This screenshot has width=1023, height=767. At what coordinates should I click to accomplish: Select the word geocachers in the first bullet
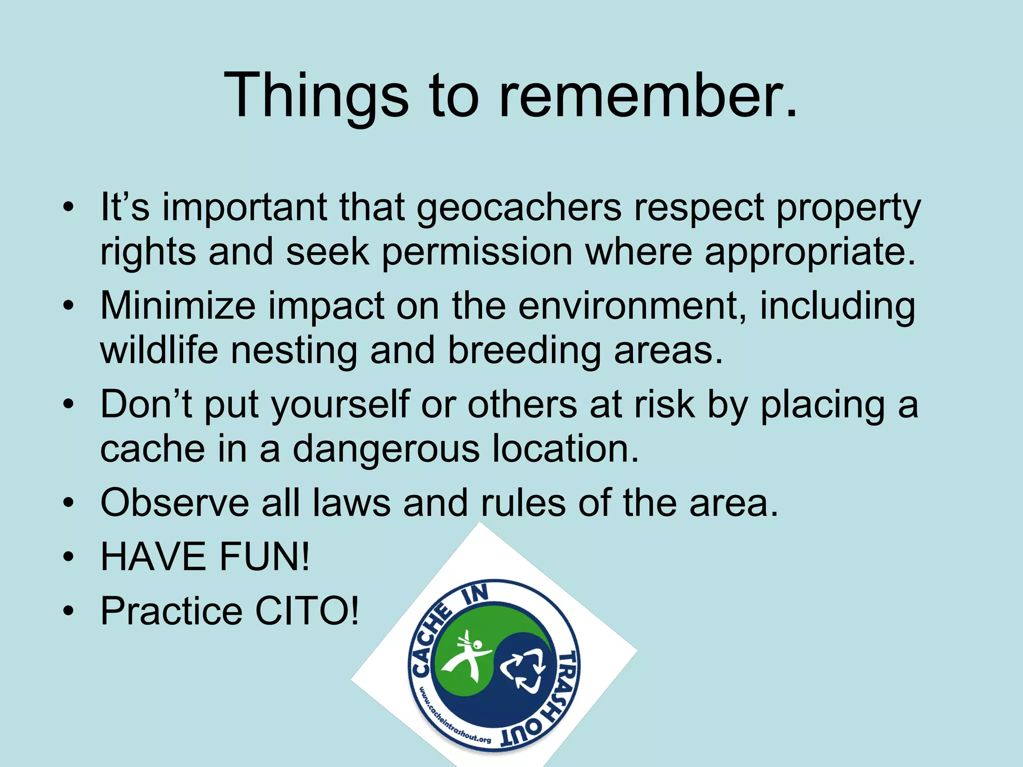[519, 207]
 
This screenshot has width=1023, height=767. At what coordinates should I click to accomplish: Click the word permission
[477, 252]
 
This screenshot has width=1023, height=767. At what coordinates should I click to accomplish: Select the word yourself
[340, 404]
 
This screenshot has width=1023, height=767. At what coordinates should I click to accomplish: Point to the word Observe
[174, 503]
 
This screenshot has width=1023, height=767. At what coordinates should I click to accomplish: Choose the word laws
[352, 503]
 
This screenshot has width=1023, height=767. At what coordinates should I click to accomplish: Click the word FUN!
[265, 557]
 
